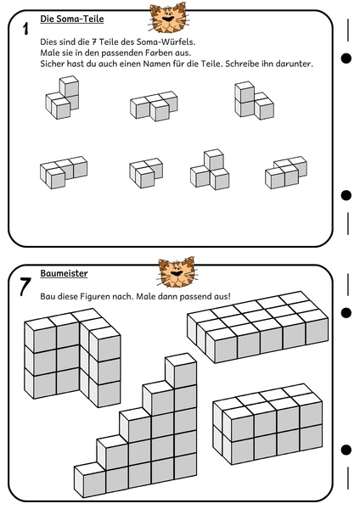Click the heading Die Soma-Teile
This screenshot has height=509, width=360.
[72, 19]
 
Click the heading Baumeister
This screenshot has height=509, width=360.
[64, 273]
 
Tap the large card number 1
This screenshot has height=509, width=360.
[25, 29]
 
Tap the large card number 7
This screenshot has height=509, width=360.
[25, 287]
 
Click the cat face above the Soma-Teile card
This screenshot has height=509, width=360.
[168, 18]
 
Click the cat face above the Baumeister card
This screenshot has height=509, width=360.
[177, 272]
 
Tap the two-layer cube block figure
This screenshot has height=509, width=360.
[267, 424]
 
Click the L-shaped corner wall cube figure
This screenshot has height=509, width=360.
[72, 358]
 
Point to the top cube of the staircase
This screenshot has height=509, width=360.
[181, 370]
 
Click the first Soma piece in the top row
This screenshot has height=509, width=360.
[62, 98]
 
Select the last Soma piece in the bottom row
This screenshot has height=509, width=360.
[286, 172]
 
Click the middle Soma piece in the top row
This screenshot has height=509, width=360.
[154, 106]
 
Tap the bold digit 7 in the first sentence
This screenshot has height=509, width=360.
[94, 42]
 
